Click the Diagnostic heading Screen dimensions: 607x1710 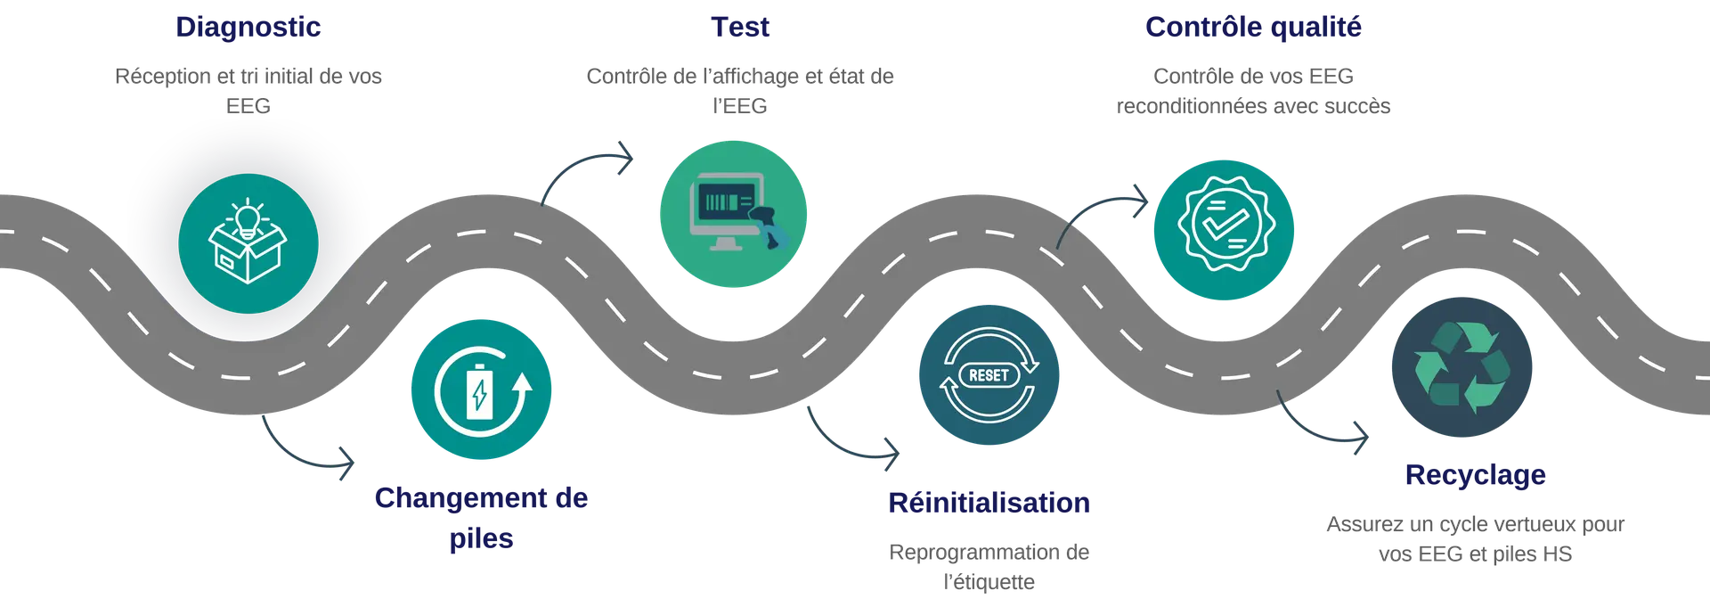248,28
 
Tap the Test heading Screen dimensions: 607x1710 739,28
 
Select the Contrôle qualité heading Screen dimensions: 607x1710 1253,28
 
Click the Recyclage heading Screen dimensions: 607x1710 1474,475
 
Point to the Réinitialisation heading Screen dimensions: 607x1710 989,503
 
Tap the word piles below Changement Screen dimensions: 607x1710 481,538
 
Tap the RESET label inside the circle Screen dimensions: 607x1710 989,375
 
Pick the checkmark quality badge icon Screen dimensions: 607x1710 1225,225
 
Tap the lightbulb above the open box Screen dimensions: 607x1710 248,217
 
